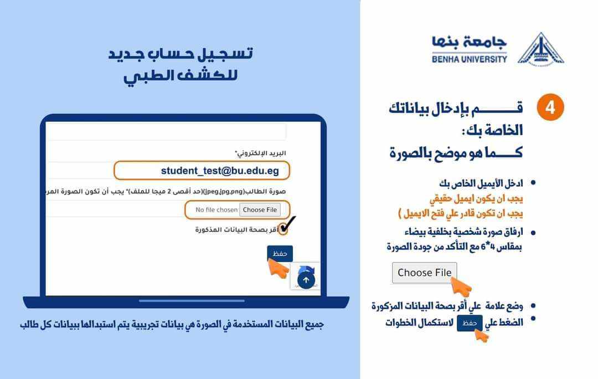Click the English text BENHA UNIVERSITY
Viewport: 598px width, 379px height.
(470, 59)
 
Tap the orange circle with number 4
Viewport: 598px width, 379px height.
(550, 107)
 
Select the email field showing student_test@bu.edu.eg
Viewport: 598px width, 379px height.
(202, 170)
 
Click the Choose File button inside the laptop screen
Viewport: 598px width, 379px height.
(260, 210)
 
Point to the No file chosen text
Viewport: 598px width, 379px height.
(216, 210)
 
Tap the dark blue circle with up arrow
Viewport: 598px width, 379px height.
(306, 280)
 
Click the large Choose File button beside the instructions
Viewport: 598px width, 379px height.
(424, 273)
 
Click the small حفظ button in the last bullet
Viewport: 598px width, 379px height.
(470, 323)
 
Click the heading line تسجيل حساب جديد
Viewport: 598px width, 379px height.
(181, 54)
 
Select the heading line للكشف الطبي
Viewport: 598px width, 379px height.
(181, 75)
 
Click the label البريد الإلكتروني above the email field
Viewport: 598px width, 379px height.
(260, 153)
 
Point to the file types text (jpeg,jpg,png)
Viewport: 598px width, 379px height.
(224, 191)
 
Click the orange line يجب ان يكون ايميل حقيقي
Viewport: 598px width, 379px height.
(476, 198)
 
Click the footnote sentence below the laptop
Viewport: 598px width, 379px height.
(172, 325)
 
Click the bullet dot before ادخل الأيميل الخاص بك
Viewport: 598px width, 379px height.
(533, 183)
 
